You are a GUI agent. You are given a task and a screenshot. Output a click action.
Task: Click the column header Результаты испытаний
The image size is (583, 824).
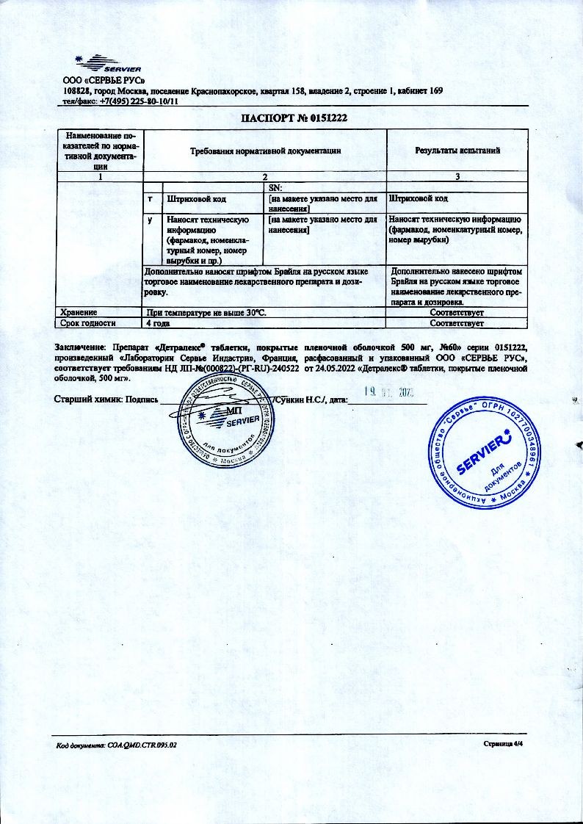coord(457,151)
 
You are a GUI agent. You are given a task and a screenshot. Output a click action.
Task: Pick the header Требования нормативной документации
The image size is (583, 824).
coord(265,151)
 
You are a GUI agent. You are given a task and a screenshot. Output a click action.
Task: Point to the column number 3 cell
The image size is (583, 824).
coord(457,176)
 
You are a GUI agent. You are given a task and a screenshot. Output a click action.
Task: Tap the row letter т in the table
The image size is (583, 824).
coord(151,199)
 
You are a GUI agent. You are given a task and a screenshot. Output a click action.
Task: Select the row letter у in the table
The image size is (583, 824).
coord(151,220)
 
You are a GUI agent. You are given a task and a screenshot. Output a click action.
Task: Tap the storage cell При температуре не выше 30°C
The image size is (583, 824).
coord(206,313)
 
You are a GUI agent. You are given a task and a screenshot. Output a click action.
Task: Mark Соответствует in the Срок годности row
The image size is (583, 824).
coord(457,322)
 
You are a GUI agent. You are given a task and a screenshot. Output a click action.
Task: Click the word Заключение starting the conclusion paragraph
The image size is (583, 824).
coord(79,346)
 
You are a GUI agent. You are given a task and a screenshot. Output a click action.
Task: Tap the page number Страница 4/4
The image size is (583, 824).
coord(503,743)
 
